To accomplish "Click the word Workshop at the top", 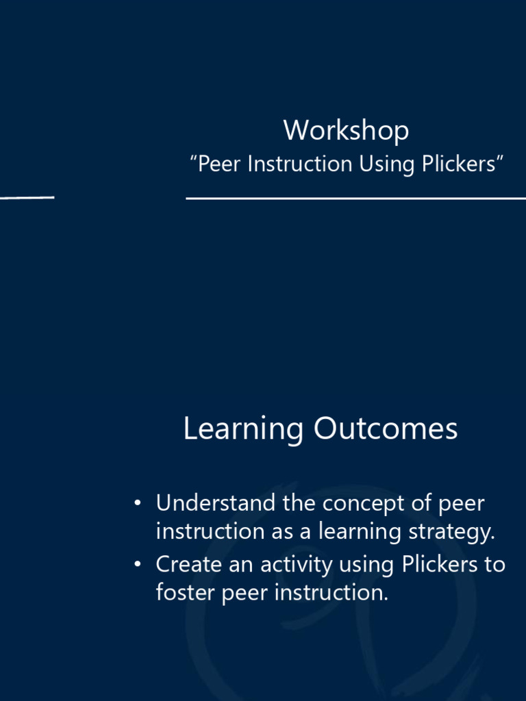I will tap(346, 130).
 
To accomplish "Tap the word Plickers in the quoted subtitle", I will tap(462, 164).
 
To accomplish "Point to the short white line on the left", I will tap(27, 197).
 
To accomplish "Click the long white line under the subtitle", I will tap(355, 199).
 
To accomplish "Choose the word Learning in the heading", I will tap(243, 430).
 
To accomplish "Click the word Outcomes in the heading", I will tap(386, 429).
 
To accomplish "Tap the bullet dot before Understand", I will tap(138, 505).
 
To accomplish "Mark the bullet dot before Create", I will tap(138, 565).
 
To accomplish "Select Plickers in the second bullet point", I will tap(436, 565).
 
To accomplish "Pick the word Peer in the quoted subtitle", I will tap(218, 164).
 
